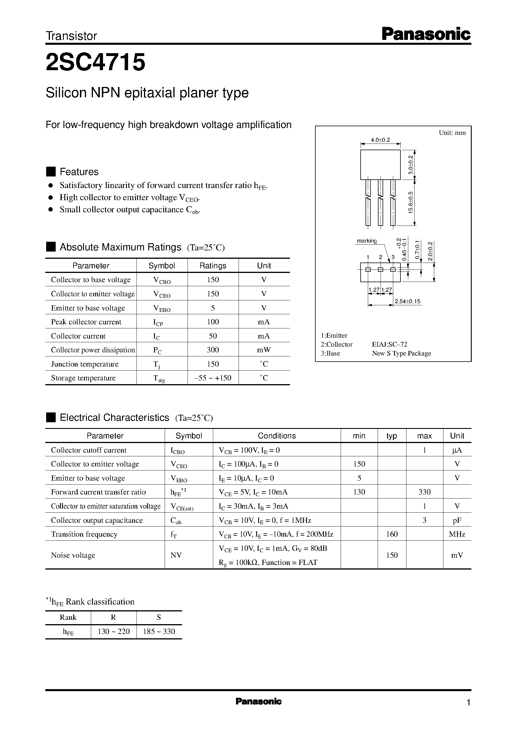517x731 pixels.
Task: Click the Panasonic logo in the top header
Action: pyautogui.click(x=426, y=34)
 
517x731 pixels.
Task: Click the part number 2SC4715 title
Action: pyautogui.click(x=95, y=62)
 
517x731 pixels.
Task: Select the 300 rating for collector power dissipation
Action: pyautogui.click(x=213, y=350)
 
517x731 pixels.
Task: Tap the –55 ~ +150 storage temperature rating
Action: pyautogui.click(x=213, y=378)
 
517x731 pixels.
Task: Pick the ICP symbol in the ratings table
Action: pyautogui.click(x=158, y=322)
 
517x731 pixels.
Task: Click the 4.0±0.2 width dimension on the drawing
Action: pyautogui.click(x=380, y=139)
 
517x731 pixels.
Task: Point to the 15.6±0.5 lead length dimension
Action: pyautogui.click(x=411, y=202)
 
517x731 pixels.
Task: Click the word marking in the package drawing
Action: pyautogui.click(x=366, y=241)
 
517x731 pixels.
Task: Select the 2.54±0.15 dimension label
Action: pyautogui.click(x=407, y=301)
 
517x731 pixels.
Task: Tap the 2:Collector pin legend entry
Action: pyautogui.click(x=336, y=345)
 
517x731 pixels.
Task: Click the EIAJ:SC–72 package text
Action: pyautogui.click(x=389, y=345)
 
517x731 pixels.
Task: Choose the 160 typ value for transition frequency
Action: pyautogui.click(x=392, y=534)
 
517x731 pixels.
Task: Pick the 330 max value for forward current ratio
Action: pyautogui.click(x=424, y=492)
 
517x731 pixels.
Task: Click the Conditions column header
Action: pyautogui.click(x=277, y=436)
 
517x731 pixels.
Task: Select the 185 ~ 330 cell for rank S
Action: pyautogui.click(x=159, y=632)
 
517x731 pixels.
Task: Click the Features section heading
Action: pyautogui.click(x=79, y=172)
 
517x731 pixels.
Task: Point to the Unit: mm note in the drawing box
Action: pyautogui.click(x=452, y=133)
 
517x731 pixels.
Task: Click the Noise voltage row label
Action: pyautogui.click(x=73, y=555)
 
